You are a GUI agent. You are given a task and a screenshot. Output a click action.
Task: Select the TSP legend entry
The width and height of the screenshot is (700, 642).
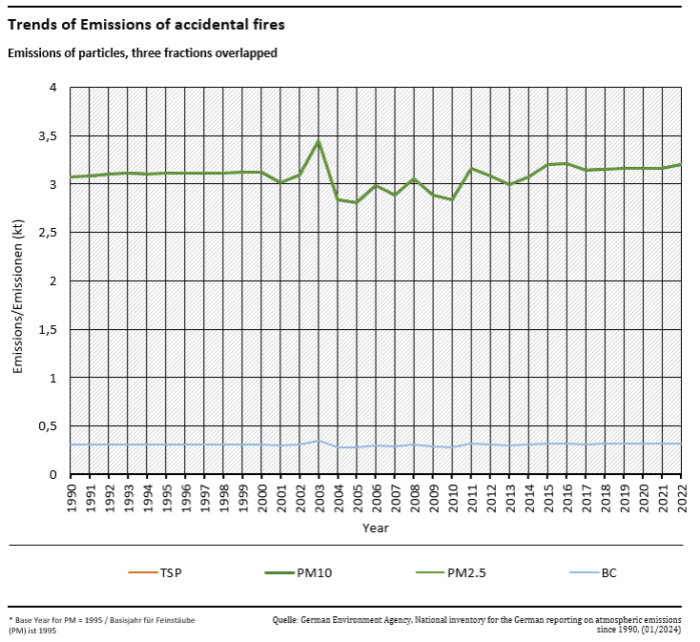coord(157,572)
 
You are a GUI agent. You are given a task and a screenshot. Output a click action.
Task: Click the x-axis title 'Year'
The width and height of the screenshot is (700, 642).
coord(375,528)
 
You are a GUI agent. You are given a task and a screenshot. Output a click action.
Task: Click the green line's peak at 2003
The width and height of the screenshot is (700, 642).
coord(319,142)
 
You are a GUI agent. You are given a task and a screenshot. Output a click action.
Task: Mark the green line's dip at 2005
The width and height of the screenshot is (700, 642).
coord(357,202)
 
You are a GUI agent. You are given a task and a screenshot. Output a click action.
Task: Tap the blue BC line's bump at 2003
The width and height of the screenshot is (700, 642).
coord(319,441)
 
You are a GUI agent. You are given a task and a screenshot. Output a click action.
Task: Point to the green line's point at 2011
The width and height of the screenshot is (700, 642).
coord(471,169)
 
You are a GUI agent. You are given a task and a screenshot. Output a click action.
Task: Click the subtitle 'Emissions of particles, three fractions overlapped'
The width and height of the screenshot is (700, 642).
coord(142,53)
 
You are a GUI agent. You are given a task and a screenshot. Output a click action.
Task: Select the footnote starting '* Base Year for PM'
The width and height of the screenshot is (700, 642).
coord(102,625)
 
